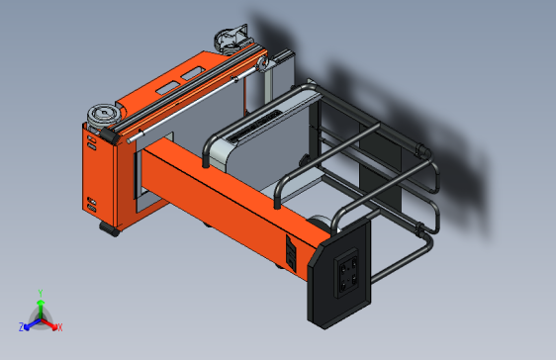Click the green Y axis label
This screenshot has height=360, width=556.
click(40, 292)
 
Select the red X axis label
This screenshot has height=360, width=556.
click(59, 326)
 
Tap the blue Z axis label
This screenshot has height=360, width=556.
click(21, 326)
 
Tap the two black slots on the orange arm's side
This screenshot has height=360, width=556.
click(291, 254)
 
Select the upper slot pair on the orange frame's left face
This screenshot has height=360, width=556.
click(91, 143)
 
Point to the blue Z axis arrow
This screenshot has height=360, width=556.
click(31, 322)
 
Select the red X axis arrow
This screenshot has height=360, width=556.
click(50, 322)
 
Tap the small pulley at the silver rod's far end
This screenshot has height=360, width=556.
click(262, 64)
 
